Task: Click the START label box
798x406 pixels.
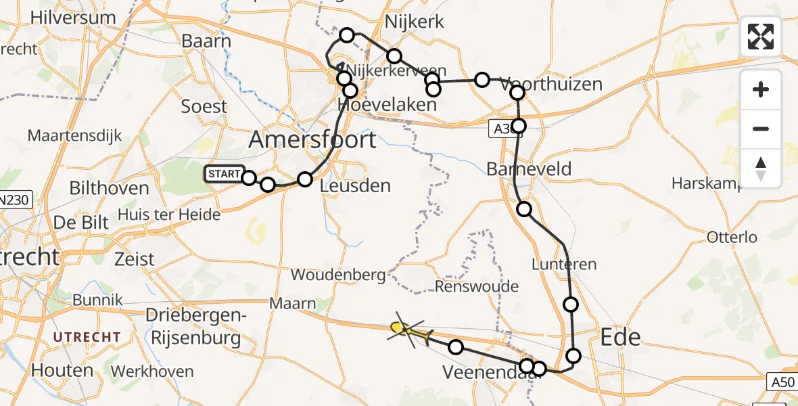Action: (224, 174)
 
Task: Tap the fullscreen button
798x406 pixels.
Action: (761, 37)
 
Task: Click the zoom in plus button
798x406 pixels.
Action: (761, 89)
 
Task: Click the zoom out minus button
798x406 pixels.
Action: (761, 129)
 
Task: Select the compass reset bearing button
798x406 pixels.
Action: (761, 168)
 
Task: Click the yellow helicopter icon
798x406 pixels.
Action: (409, 331)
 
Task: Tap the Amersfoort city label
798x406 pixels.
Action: (312, 139)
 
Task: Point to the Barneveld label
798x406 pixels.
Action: (529, 168)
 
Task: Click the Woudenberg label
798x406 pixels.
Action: (338, 275)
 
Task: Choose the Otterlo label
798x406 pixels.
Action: (731, 238)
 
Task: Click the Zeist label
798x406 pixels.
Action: (135, 258)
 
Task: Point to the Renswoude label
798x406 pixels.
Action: (476, 286)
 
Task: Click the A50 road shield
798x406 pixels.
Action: (782, 382)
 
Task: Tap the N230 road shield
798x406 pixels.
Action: (14, 201)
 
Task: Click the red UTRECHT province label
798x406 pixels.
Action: (87, 337)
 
